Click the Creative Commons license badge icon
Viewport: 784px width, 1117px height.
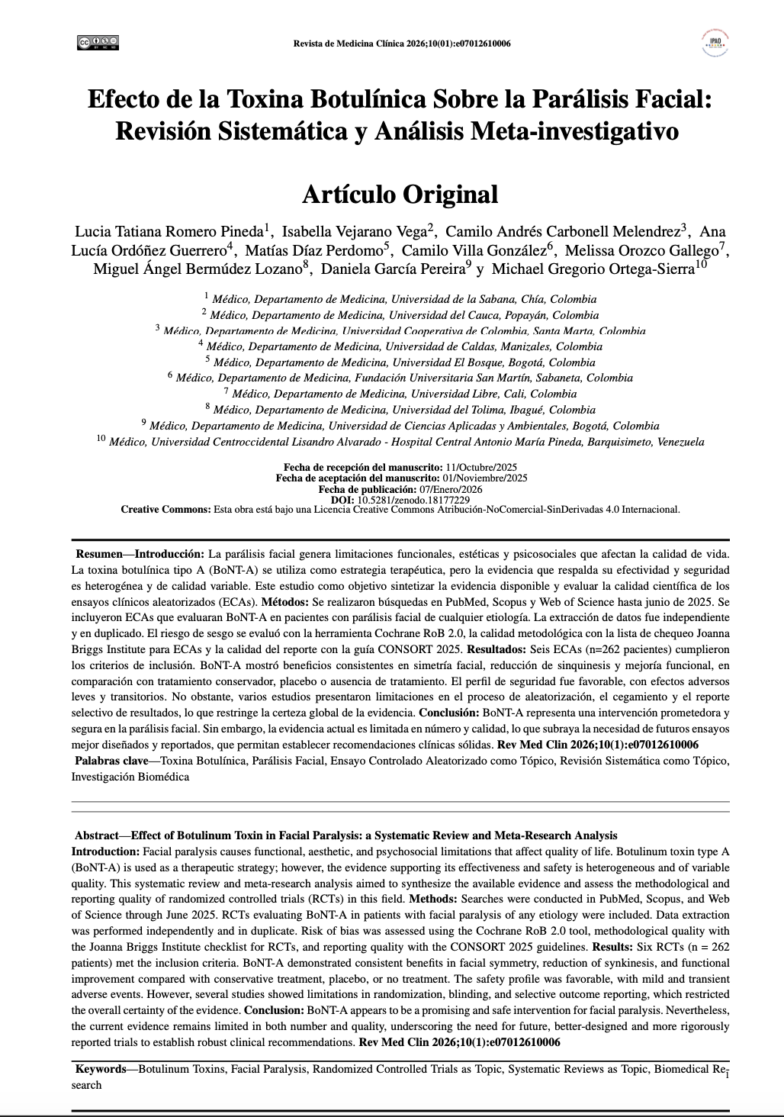(x=98, y=43)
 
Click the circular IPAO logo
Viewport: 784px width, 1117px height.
(x=715, y=43)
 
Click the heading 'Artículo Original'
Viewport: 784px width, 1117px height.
(x=400, y=194)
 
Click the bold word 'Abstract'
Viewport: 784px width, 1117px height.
(x=97, y=835)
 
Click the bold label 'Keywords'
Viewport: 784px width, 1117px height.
(x=100, y=1069)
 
